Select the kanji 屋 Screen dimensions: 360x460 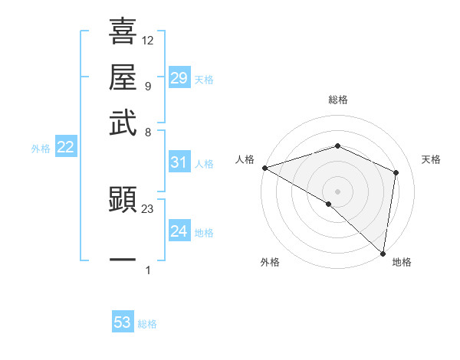[x=123, y=77]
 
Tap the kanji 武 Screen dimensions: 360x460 [x=123, y=123]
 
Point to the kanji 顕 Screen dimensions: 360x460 [x=123, y=201]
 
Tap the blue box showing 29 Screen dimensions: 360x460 [x=179, y=78]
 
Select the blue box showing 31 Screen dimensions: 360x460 [x=179, y=162]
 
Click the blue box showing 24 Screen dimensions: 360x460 [x=179, y=231]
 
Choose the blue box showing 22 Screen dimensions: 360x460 [x=65, y=148]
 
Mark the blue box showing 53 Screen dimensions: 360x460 [x=123, y=323]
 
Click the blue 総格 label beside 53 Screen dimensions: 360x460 [x=147, y=324]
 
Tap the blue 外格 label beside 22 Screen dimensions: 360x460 [x=41, y=149]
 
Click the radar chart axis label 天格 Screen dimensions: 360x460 [x=431, y=159]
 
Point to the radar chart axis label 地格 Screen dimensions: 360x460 [x=402, y=262]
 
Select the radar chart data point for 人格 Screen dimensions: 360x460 [x=264, y=168]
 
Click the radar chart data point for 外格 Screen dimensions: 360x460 [x=329, y=204]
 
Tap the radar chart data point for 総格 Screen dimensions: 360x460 [x=337, y=146]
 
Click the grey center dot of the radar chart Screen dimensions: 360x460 [x=337, y=191]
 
